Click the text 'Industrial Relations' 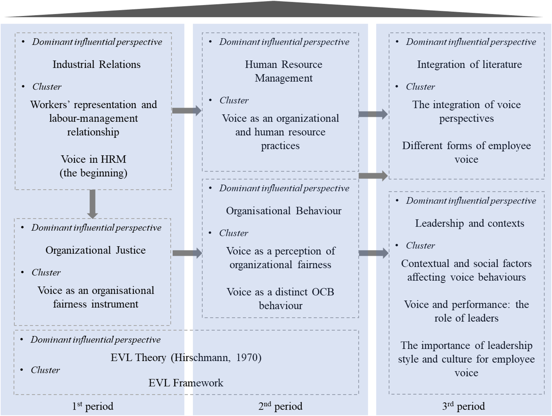96,65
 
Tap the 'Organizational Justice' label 95,250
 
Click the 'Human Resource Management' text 284,71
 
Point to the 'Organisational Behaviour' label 284,211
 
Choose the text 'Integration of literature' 469,65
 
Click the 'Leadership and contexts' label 469,223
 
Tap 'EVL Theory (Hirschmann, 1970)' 186,358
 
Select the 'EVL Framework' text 186,383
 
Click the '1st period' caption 92,406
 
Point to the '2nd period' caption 280,406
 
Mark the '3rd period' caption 463,406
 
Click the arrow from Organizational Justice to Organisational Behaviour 187,253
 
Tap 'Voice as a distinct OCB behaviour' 280,299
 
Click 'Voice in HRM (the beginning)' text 93,166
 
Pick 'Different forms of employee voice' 466,153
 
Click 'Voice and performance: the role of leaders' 466,311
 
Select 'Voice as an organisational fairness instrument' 95,297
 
